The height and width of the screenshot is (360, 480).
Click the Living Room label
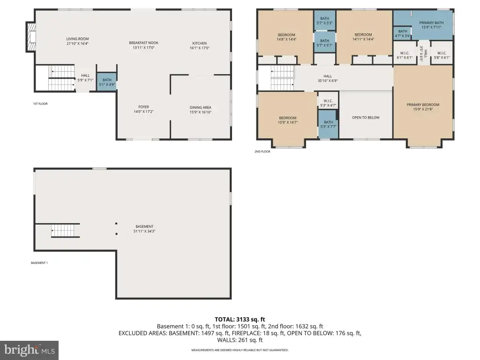(x=77, y=39)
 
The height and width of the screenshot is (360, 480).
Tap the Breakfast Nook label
(x=143, y=43)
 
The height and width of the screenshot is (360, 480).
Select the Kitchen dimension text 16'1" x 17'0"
(x=200, y=48)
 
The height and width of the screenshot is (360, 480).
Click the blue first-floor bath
(x=107, y=82)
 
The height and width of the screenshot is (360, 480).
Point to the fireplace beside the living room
(x=31, y=37)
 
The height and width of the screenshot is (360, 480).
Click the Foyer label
(x=143, y=107)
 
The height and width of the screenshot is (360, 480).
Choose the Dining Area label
(x=201, y=107)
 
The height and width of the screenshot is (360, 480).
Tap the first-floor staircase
(x=61, y=78)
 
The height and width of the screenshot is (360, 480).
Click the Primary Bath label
(x=431, y=22)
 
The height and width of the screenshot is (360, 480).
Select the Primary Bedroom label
(x=423, y=105)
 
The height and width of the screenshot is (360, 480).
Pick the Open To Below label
(x=366, y=118)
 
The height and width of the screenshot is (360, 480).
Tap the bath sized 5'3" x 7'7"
(x=328, y=124)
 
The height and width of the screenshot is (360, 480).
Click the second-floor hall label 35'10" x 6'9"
(x=328, y=78)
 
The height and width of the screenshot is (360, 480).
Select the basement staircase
(x=66, y=231)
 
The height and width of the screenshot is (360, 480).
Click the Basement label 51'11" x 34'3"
(x=144, y=229)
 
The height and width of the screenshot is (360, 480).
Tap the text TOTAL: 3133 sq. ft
(x=240, y=320)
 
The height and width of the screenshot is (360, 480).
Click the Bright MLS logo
(x=29, y=350)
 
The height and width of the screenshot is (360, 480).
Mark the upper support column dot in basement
(x=116, y=224)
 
